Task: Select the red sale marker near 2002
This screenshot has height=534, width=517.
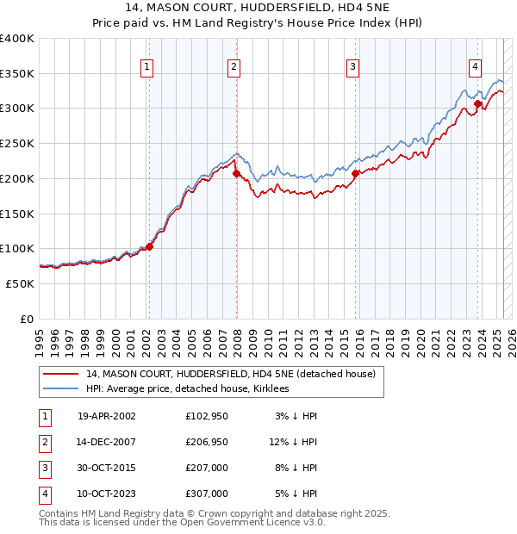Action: (149, 246)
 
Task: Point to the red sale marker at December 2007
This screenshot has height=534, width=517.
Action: (236, 174)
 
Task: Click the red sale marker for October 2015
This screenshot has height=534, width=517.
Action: (355, 173)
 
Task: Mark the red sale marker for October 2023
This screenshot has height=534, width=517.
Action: (477, 103)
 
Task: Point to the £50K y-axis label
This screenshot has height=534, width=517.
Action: (20, 283)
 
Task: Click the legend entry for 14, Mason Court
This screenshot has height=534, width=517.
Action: (230, 375)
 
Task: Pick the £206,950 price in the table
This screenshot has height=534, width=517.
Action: (207, 443)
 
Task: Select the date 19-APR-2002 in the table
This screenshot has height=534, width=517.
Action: (107, 416)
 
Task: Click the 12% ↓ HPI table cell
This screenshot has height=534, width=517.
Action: (293, 443)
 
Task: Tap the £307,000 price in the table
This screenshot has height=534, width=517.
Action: (207, 494)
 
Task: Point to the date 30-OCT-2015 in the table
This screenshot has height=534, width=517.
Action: (107, 469)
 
